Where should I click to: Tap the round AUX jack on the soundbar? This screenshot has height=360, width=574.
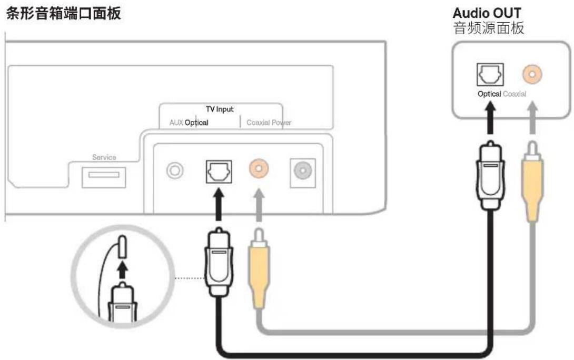175,171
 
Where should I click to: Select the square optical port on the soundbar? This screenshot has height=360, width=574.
219,172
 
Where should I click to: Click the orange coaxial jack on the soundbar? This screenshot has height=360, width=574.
259,168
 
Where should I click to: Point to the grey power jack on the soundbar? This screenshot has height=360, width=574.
303,171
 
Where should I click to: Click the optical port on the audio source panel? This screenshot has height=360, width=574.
490,75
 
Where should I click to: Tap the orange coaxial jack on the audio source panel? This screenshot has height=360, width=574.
532,74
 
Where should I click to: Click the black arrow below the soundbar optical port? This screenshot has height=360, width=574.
219,205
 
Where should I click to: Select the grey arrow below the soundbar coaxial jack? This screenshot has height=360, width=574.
259,205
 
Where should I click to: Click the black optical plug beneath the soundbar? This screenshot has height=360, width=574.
219,262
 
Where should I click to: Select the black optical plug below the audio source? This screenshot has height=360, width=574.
491,176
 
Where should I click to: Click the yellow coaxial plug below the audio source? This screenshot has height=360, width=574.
532,182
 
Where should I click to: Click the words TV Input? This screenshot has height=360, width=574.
220,109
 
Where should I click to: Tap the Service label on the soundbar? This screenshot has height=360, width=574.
104,157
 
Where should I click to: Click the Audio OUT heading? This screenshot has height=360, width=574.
487,13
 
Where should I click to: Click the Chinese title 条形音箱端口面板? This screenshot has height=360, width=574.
63,14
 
